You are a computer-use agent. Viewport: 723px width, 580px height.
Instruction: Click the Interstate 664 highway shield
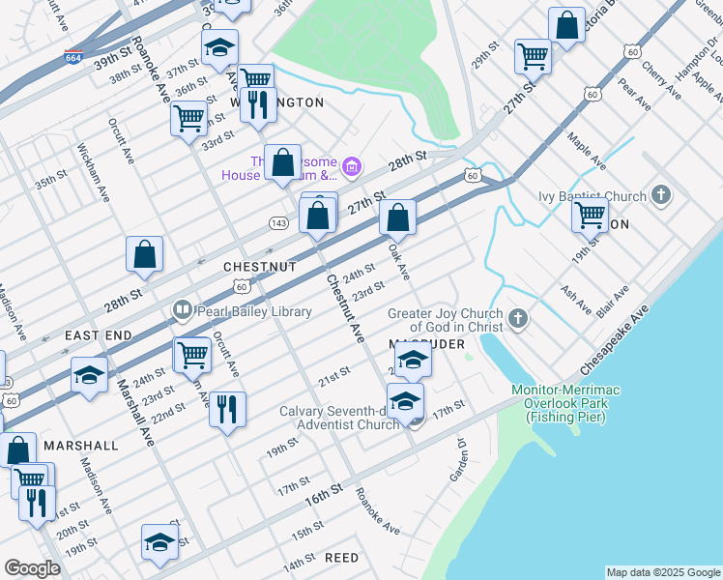click(72, 57)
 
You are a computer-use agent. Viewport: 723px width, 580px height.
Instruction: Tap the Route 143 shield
click(277, 223)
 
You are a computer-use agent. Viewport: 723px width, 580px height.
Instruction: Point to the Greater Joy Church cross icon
click(518, 319)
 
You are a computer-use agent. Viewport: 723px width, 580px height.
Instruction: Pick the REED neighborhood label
click(341, 558)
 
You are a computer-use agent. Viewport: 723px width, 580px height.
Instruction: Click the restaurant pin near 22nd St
click(227, 408)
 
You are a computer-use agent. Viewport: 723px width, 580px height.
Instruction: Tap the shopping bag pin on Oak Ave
click(397, 217)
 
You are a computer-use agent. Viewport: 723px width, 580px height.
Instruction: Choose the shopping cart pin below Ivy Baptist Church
click(590, 214)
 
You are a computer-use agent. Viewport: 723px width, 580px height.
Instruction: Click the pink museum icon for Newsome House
click(352, 168)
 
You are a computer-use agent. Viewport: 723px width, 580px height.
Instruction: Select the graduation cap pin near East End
click(89, 375)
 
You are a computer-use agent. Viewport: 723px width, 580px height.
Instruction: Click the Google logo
click(33, 568)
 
